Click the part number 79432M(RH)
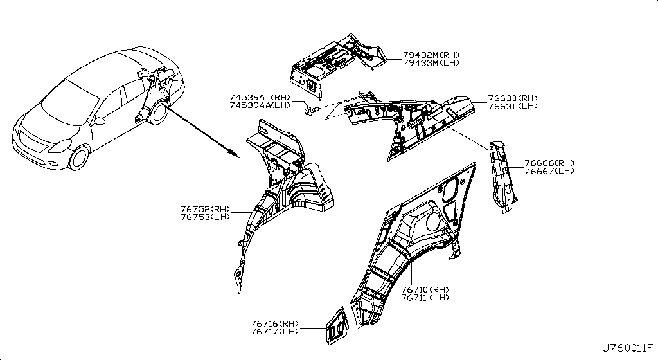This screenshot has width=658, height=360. (x=431, y=55)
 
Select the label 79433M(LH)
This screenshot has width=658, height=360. (x=431, y=63)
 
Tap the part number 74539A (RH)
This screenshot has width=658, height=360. (x=260, y=97)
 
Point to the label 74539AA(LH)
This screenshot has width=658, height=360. (x=260, y=105)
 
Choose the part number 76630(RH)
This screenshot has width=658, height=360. (x=512, y=98)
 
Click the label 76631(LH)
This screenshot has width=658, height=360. (x=512, y=106)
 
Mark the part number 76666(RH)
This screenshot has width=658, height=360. (x=549, y=163)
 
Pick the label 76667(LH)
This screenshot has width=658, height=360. (x=549, y=171)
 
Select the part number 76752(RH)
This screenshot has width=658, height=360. (x=206, y=209)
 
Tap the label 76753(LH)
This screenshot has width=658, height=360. (x=206, y=217)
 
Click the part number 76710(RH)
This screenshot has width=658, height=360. (x=425, y=289)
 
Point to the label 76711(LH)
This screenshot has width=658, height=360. (x=425, y=298)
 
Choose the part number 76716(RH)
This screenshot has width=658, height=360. (x=275, y=323)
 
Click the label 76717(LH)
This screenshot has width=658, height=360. (x=275, y=332)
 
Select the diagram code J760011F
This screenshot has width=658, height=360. (x=628, y=348)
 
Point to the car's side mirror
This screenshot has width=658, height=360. (x=100, y=122)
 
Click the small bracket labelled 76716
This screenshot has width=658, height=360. (x=337, y=325)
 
